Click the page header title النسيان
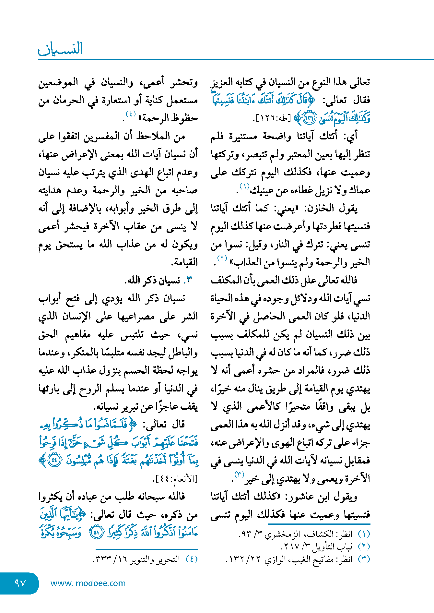pos(61,49)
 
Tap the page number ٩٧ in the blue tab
pos(20,583)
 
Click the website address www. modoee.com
pos(88,583)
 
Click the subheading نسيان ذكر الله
pos(154,280)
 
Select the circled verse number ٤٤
pos(54,461)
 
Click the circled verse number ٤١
pos(96,533)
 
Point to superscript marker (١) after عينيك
pos(244,186)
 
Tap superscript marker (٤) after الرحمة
pos(131,114)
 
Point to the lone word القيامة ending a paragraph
pos(184,262)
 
